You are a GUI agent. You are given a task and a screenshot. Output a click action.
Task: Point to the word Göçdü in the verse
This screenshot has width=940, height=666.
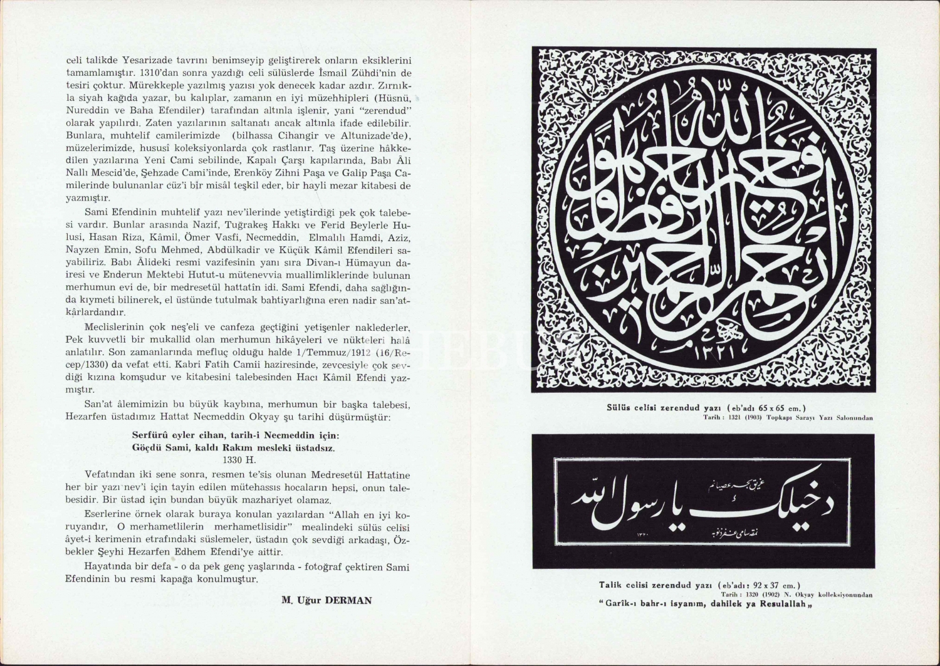[x=147, y=448]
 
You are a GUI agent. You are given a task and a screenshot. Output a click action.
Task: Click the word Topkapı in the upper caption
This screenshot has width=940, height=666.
[x=776, y=417]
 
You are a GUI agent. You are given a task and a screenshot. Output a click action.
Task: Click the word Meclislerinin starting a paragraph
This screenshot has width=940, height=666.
[x=115, y=328]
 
